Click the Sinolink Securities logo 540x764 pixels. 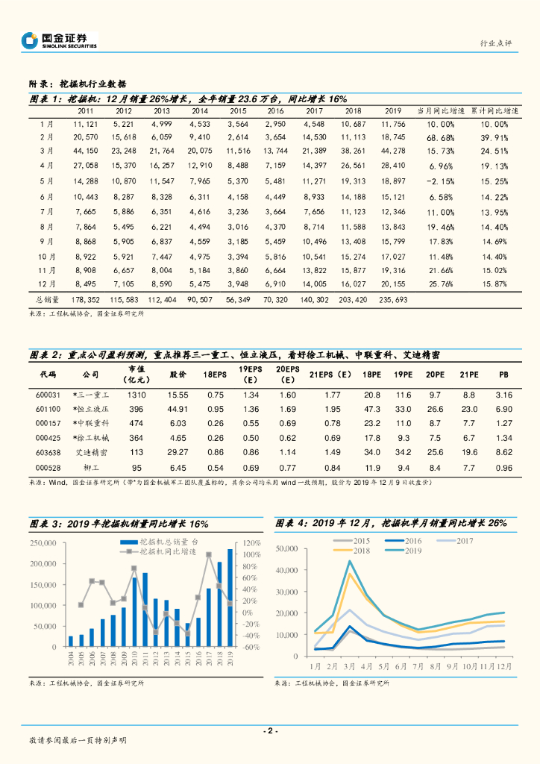pos(60,40)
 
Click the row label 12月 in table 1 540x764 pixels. pos(46,284)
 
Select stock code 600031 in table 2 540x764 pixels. pos(48,394)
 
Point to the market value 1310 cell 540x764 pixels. pos(135,394)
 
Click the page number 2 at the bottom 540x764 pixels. pos(271,730)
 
